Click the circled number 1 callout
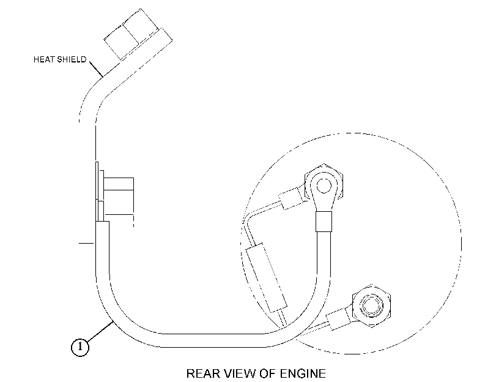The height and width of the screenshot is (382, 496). [x=80, y=347]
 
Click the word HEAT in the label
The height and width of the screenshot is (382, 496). [x=44, y=59]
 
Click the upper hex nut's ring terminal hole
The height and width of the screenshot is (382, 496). [x=324, y=186]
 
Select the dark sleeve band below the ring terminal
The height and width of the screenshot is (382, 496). [x=324, y=222]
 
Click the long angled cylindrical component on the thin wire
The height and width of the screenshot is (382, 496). [x=266, y=278]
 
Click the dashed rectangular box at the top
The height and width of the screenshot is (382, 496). [x=138, y=34]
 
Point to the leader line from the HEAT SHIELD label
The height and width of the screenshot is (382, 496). [x=95, y=69]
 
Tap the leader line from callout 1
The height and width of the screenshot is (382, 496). [x=100, y=332]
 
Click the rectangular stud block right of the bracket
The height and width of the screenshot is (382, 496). [x=119, y=184]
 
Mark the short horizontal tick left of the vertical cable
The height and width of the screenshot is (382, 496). [x=86, y=243]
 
